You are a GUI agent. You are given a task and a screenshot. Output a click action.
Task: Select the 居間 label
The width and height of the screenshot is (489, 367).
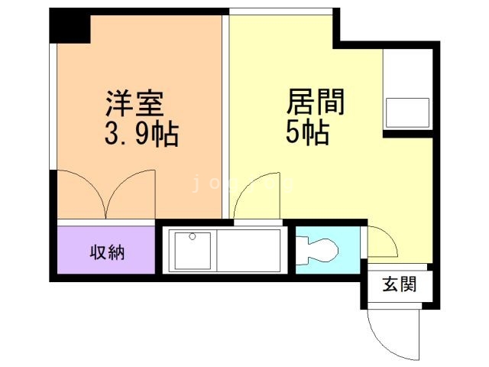(x=316, y=102)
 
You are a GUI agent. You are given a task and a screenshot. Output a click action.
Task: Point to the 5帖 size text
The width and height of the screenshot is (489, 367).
(x=307, y=133)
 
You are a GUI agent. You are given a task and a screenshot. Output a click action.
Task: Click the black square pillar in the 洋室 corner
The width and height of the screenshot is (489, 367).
(x=71, y=28)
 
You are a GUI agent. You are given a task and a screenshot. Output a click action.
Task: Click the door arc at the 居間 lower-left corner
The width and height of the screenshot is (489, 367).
(x=251, y=200)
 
